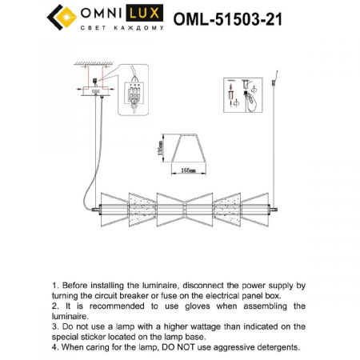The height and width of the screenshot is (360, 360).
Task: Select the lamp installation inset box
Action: [245, 98]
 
